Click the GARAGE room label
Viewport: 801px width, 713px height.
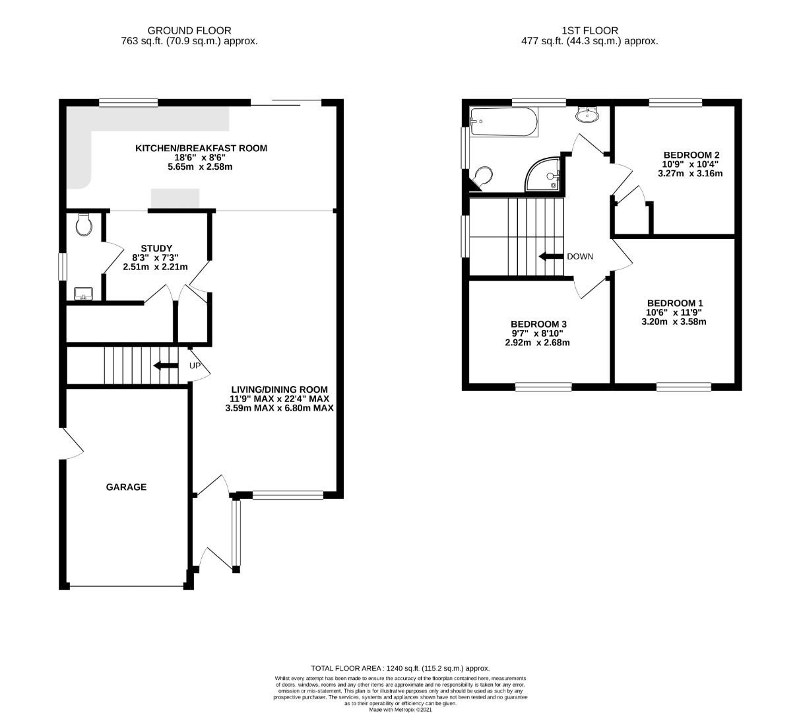coord(126,487)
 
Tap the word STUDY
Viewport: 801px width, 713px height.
coord(156,248)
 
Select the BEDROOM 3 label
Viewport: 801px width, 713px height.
coord(538,324)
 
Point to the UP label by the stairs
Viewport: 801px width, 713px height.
coord(195,366)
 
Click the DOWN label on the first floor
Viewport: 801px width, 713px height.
coord(580,256)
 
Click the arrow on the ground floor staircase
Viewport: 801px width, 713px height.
coord(166,365)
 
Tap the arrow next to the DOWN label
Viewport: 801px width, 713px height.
coord(551,256)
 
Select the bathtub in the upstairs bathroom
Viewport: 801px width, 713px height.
coord(503,122)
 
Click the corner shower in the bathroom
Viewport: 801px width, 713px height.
coord(542,174)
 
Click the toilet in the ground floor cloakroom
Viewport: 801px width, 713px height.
coord(84,224)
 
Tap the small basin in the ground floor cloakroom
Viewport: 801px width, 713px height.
coord(83,294)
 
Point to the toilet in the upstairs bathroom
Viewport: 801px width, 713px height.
coord(482,178)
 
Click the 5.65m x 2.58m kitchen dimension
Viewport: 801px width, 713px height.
coord(200,166)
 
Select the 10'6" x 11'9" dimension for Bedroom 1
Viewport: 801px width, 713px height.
coord(674,312)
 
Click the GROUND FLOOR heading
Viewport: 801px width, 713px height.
coord(189,30)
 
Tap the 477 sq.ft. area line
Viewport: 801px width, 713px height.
coord(589,41)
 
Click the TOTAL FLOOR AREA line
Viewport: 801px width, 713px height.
coord(400,668)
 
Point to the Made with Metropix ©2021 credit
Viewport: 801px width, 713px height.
coord(400,710)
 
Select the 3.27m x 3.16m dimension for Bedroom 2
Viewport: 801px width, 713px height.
coord(690,174)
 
